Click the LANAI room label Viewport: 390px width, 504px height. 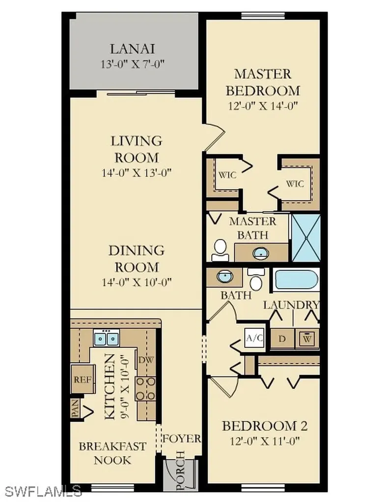pyautogui.click(x=133, y=49)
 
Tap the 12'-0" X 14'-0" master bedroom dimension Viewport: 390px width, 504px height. pyautogui.click(x=263, y=106)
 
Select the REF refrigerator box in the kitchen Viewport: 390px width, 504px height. pyautogui.click(x=83, y=379)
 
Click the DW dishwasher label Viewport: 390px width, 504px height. pyautogui.click(x=146, y=360)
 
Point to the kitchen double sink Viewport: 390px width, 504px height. pyautogui.click(x=107, y=338)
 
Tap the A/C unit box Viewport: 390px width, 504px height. pyautogui.click(x=254, y=338)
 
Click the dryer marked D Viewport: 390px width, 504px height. pyautogui.click(x=282, y=339)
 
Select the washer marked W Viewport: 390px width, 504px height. pyautogui.click(x=307, y=339)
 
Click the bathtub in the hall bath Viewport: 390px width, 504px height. pyautogui.click(x=296, y=280)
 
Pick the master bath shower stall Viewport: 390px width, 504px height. pyautogui.click(x=306, y=238)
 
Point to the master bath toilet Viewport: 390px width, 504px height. pyautogui.click(x=221, y=251)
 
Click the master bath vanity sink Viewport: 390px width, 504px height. pyautogui.click(x=261, y=253)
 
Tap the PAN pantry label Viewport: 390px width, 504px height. pyautogui.click(x=75, y=408)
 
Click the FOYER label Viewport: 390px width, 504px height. pyautogui.click(x=182, y=439)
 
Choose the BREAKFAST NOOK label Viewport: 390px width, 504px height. pyautogui.click(x=112, y=453)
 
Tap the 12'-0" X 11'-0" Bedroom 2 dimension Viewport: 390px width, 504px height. pyautogui.click(x=265, y=441)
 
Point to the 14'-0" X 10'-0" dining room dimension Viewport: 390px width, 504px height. pyautogui.click(x=137, y=282)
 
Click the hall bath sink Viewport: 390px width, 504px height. pyautogui.click(x=224, y=277)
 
